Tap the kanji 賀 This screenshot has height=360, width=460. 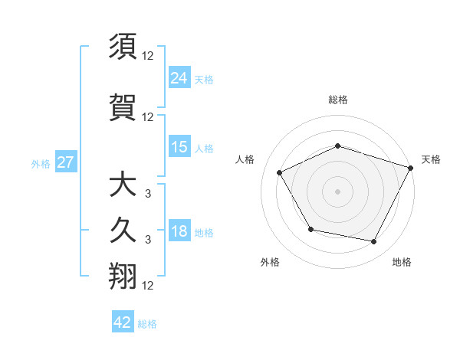pyautogui.click(x=123, y=105)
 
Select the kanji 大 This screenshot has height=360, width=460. pyautogui.click(x=123, y=185)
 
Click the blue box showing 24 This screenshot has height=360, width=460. pyautogui.click(x=179, y=78)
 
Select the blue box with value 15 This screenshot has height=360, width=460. pyautogui.click(x=179, y=148)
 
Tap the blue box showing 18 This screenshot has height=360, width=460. pyautogui.click(x=179, y=232)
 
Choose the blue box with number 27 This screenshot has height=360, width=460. pyautogui.click(x=65, y=163)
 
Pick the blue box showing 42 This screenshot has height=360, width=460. pyautogui.click(x=123, y=322)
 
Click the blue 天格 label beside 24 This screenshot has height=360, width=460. pyautogui.click(x=204, y=79)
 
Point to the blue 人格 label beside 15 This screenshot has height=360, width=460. pyautogui.click(x=204, y=149)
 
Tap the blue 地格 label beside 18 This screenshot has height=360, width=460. pyautogui.click(x=204, y=233)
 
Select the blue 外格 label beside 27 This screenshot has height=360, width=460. pyautogui.click(x=41, y=164)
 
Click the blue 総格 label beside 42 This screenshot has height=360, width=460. pyautogui.click(x=147, y=323)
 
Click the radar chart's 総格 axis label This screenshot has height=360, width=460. pyautogui.click(x=338, y=100)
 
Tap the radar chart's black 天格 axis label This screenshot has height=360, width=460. pyautogui.click(x=431, y=159)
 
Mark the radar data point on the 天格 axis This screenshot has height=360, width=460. pyautogui.click(x=412, y=167)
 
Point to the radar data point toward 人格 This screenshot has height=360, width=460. pyautogui.click(x=280, y=172)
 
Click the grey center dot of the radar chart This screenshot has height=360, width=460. pyautogui.click(x=338, y=191)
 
